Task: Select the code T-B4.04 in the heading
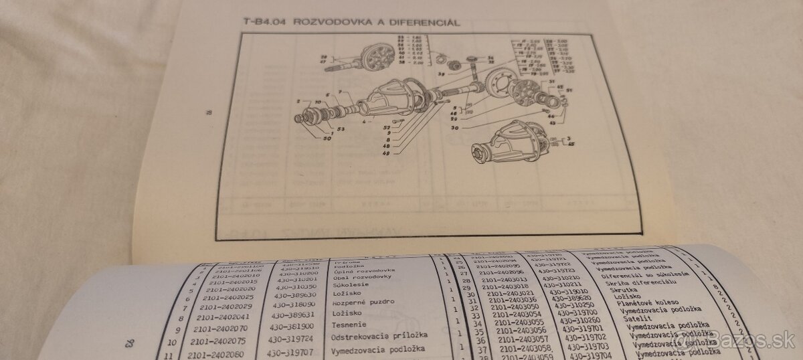point(263,22)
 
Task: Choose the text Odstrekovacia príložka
point(378,336)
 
